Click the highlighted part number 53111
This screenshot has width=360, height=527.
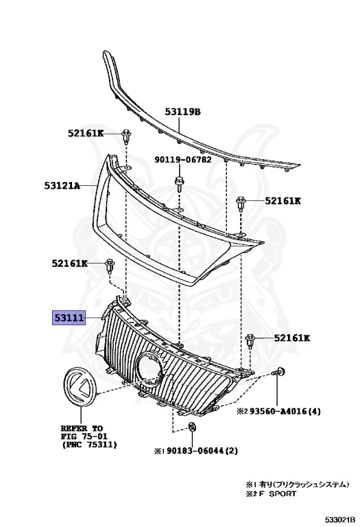coord(69,318)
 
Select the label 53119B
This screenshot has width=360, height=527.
coord(182,112)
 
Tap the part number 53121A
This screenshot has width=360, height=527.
coord(62,185)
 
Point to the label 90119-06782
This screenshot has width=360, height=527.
coord(183,159)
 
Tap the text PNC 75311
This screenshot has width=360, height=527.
coord(89,445)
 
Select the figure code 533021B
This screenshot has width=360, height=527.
coord(339,519)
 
